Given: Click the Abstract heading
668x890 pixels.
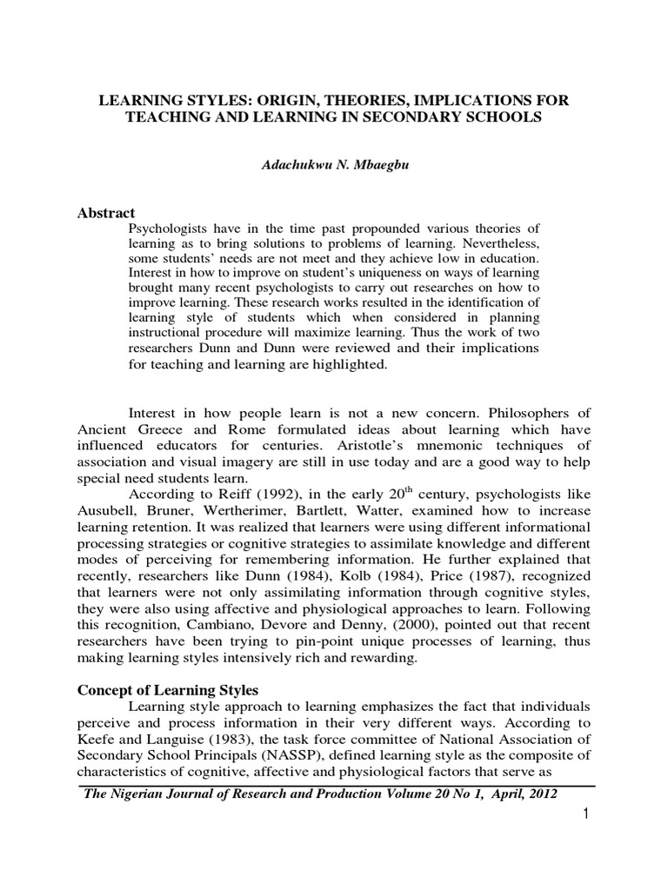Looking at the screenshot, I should [107, 214].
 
